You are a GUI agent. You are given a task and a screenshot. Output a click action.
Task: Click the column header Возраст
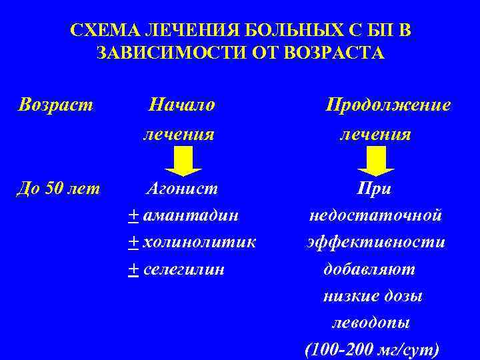click(56, 105)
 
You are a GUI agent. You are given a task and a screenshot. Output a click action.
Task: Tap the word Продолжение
click(387, 105)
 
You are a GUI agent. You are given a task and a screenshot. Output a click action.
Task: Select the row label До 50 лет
click(59, 189)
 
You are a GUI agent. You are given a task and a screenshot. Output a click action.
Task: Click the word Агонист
click(182, 189)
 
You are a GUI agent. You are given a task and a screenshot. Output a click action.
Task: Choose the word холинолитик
click(200, 242)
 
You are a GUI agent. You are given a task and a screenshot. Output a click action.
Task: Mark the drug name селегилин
click(184, 269)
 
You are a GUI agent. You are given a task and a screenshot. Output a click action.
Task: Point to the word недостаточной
click(375, 215)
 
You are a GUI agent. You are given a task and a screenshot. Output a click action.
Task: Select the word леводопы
click(371, 323)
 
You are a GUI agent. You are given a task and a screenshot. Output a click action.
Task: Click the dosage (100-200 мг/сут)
click(371, 349)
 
